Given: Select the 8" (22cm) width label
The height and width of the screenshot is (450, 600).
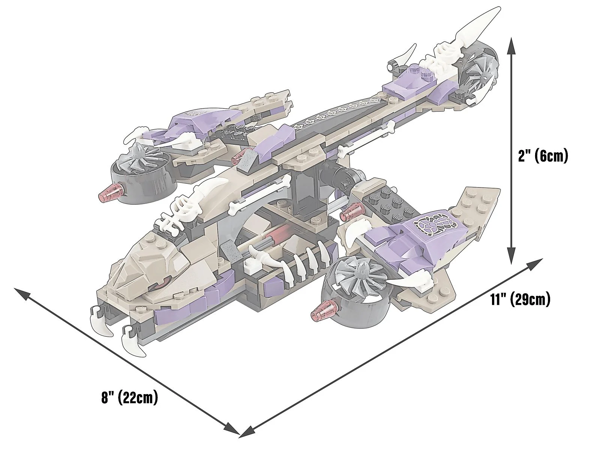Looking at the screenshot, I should pyautogui.click(x=129, y=398).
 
